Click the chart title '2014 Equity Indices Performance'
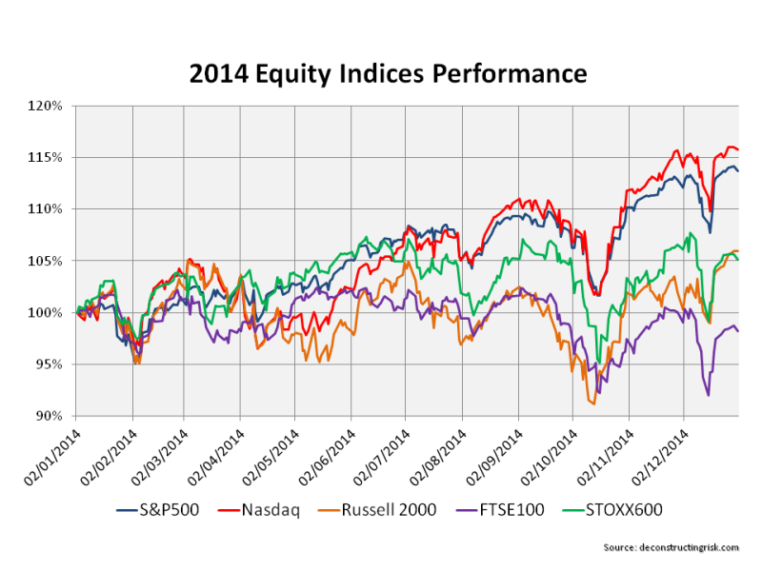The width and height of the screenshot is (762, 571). point(381,72)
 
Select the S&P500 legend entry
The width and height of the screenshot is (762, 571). point(159,510)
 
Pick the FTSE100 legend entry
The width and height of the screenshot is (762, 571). point(510,510)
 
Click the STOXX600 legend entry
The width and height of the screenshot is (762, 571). point(619,510)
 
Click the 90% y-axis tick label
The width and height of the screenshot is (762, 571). point(50,416)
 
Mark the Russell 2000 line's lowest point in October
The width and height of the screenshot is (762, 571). point(593,404)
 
